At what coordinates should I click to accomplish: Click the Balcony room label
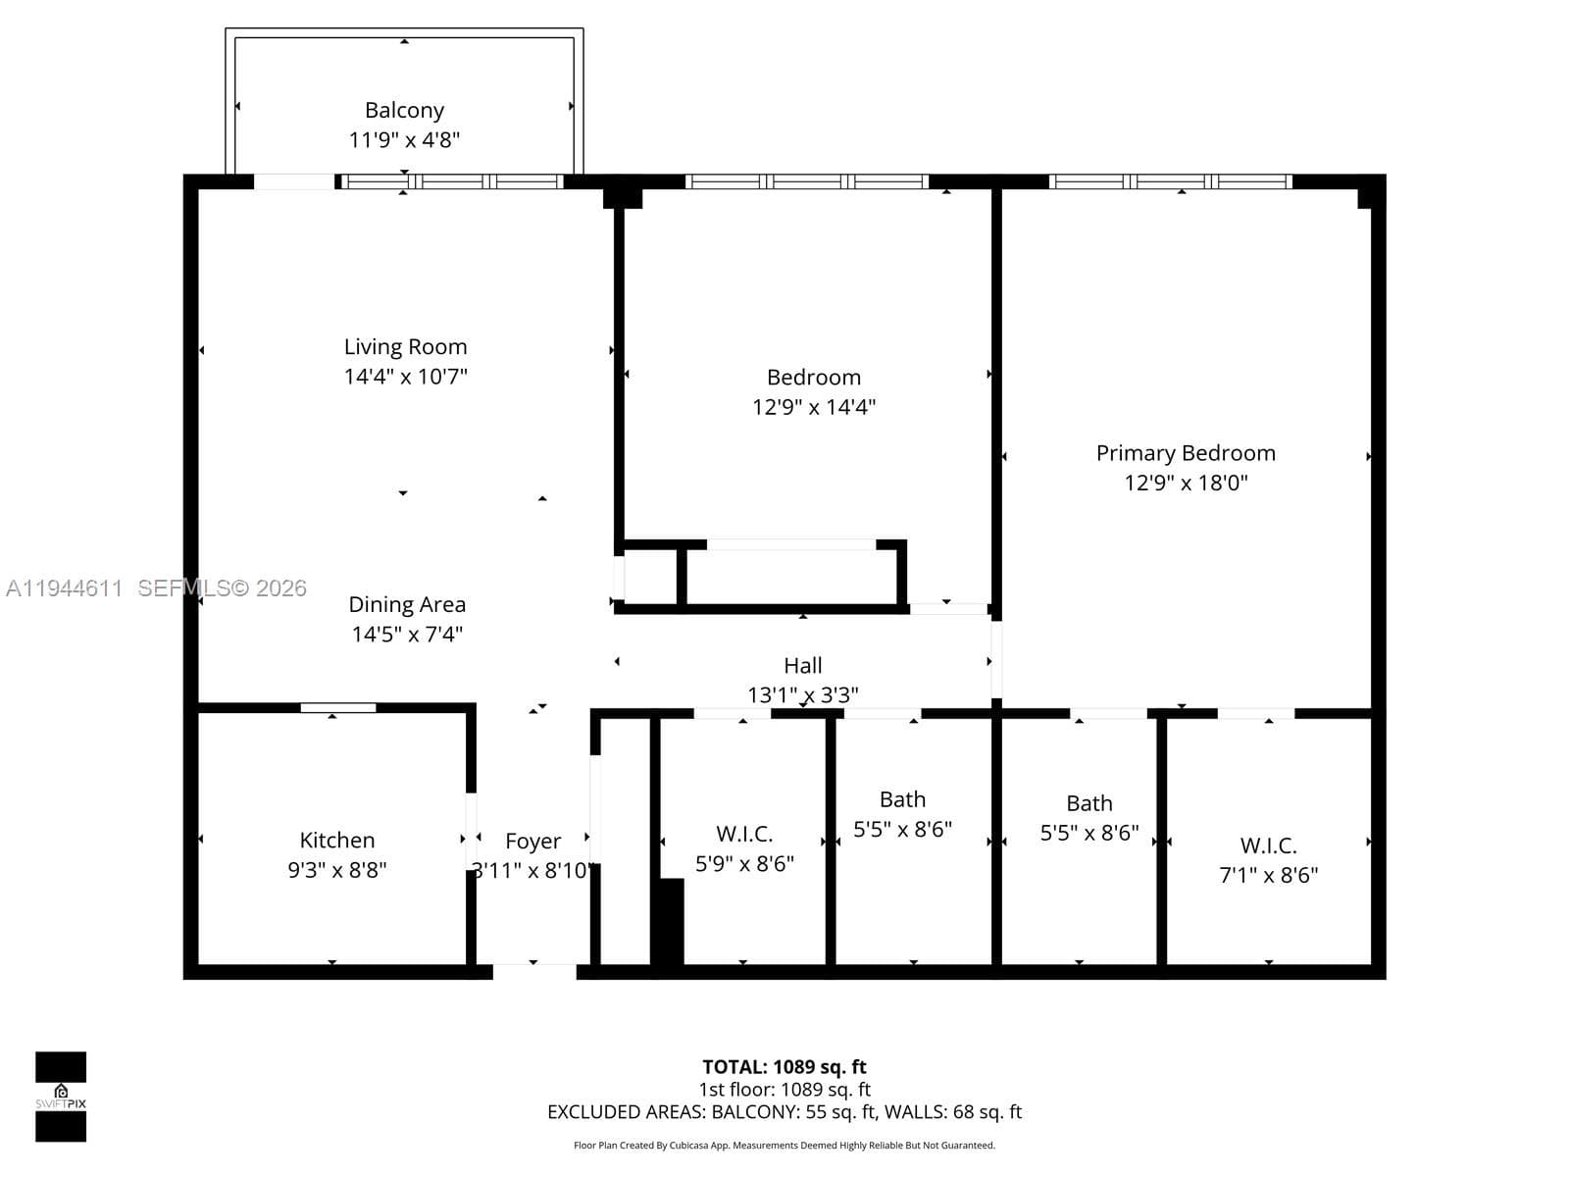404,110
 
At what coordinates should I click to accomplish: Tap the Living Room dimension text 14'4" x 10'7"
405,376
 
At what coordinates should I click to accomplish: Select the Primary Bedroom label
1186,453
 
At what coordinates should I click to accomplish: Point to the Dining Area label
407,604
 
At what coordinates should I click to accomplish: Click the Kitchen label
336,840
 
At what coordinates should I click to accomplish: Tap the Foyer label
532,842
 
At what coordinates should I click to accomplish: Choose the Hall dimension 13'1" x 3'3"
803,694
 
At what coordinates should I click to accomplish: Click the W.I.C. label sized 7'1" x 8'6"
1268,845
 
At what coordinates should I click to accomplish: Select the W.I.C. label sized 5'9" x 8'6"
744,834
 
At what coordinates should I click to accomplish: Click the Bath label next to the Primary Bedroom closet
1088,803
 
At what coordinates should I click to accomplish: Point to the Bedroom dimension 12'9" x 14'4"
814,407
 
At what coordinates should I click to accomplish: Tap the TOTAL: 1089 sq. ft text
784,1067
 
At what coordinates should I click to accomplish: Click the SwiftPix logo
61,1097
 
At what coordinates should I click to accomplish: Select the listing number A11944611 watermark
65,588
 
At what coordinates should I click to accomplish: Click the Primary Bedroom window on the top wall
1170,181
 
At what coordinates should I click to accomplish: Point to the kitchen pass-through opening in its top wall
338,707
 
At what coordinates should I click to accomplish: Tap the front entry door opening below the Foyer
534,971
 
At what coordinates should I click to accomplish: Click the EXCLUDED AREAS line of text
784,1112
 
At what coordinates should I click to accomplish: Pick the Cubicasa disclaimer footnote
784,1146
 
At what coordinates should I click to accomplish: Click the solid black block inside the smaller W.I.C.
671,922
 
